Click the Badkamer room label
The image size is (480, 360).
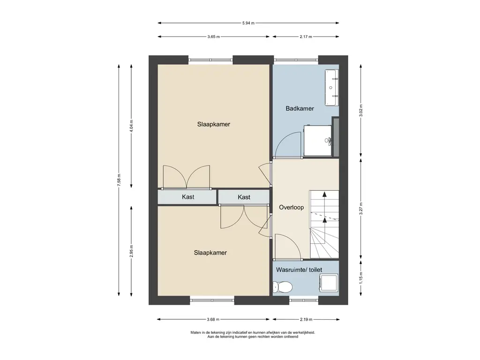(x=300, y=108)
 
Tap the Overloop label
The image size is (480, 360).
(x=292, y=208)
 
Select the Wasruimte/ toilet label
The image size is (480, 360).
(x=299, y=270)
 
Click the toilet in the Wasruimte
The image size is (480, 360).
(x=282, y=287)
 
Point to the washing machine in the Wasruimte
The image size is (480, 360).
(x=329, y=283)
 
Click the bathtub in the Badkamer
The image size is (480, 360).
(x=332, y=88)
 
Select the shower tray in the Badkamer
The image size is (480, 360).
(x=318, y=141)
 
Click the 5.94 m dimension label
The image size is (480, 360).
(x=248, y=23)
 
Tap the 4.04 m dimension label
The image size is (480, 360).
(x=132, y=126)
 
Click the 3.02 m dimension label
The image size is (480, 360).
(x=361, y=111)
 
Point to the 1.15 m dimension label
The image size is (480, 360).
(x=361, y=278)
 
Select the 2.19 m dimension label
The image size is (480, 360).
(x=306, y=320)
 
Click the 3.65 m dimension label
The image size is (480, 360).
(x=213, y=37)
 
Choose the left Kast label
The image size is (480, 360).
(x=188, y=197)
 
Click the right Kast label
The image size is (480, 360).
(x=244, y=197)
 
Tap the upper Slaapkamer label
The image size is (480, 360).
(x=214, y=124)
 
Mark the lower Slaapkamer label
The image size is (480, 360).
(x=210, y=253)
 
